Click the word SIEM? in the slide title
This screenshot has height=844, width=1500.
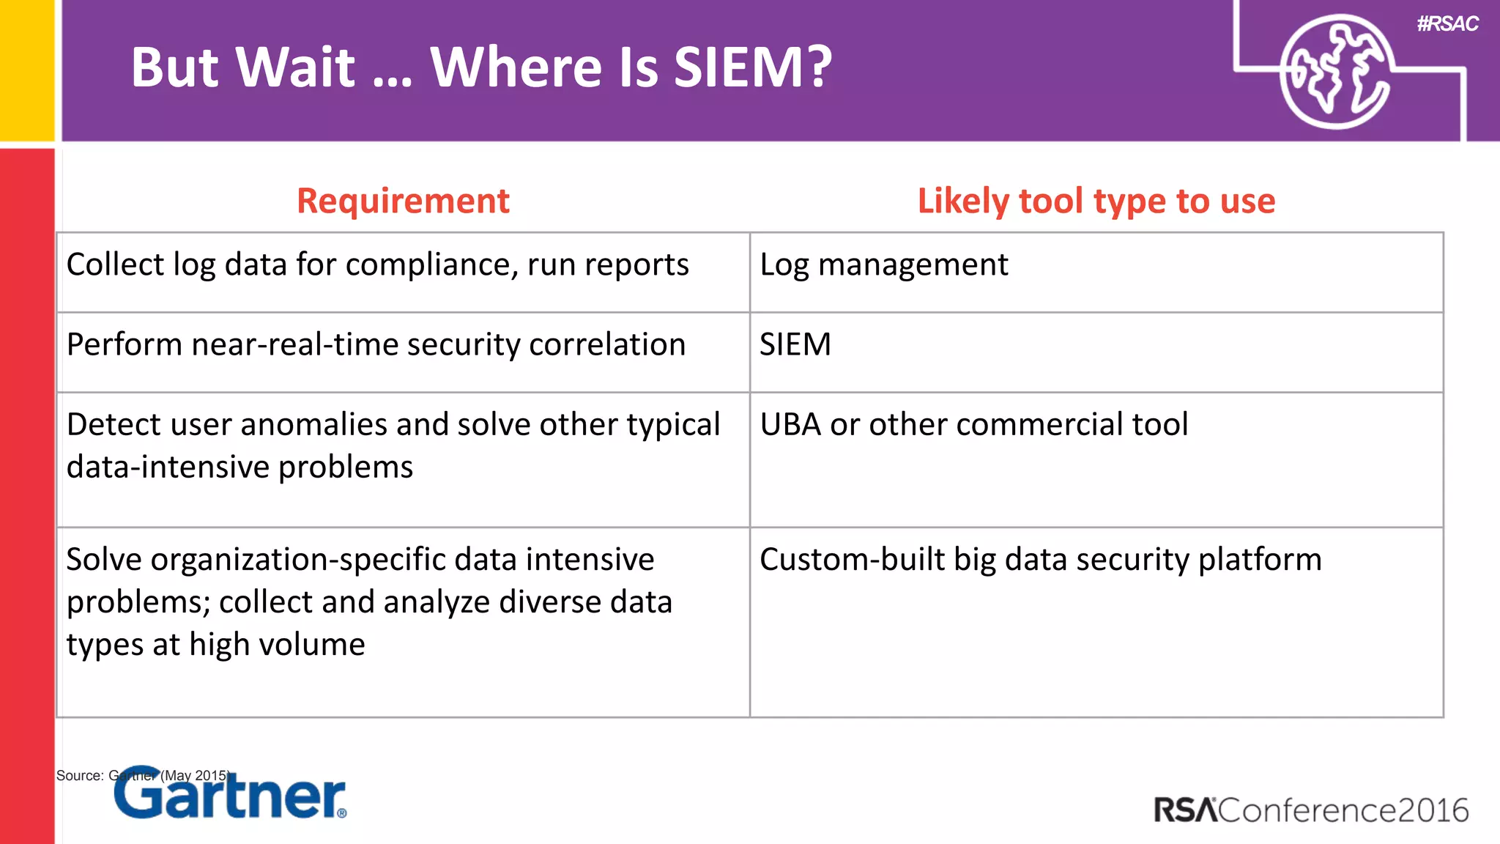[753, 67]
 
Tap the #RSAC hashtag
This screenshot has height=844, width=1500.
[1447, 24]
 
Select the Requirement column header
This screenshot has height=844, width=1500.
[403, 201]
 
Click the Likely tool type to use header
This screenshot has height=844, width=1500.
[1096, 201]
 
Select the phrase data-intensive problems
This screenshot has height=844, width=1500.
[240, 467]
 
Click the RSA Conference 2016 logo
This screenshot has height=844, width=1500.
[1311, 810]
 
